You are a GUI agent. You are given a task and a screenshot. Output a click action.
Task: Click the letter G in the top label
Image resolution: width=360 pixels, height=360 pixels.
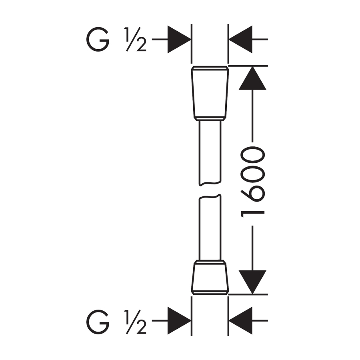coord(98,40)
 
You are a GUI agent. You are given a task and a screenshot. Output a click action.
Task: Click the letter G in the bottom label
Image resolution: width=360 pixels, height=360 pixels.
coord(98,321)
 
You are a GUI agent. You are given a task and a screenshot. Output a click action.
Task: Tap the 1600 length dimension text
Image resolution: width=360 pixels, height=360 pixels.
coord(252,180)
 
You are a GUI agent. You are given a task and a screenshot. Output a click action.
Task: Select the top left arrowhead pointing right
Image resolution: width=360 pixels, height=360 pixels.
coord(179,40)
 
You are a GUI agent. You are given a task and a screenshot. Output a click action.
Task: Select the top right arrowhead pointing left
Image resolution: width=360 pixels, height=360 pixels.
coord(240,40)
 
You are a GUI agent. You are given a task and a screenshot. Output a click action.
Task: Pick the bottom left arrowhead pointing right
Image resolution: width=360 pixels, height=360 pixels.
coord(179,321)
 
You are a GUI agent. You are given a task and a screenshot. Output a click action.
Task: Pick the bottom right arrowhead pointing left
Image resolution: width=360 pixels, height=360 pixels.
coord(240,321)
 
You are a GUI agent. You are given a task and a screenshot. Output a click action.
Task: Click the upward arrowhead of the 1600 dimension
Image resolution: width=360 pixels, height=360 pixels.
coord(252,78)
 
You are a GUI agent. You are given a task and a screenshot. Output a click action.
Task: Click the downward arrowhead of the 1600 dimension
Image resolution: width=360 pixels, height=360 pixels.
coord(252,282)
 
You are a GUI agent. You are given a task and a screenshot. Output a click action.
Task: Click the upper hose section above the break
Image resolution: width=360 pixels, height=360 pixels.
coord(210,152)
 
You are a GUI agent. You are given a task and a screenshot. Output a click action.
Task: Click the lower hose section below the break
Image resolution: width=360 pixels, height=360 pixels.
coord(210,228)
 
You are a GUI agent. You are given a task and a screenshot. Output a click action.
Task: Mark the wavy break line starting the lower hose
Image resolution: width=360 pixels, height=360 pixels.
coord(210,196)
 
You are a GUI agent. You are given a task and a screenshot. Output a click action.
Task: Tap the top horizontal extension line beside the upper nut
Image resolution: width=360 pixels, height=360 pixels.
coord(248,65)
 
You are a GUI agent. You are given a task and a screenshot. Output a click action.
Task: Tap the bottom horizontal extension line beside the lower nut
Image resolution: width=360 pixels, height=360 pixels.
coord(248,295)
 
